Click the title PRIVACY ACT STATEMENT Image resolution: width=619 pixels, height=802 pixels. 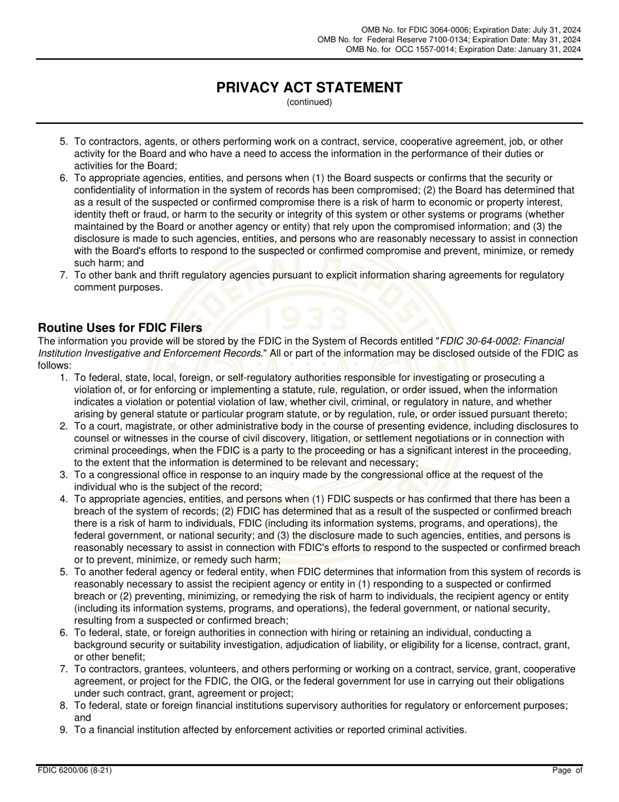(x=309, y=87)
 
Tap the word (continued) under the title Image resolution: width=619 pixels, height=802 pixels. (x=309, y=102)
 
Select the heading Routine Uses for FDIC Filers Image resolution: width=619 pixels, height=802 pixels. (x=120, y=327)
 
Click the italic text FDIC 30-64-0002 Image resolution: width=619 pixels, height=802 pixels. (x=481, y=341)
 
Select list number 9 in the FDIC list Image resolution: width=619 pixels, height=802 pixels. (x=64, y=730)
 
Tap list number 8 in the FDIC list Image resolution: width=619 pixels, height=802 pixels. (x=64, y=705)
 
